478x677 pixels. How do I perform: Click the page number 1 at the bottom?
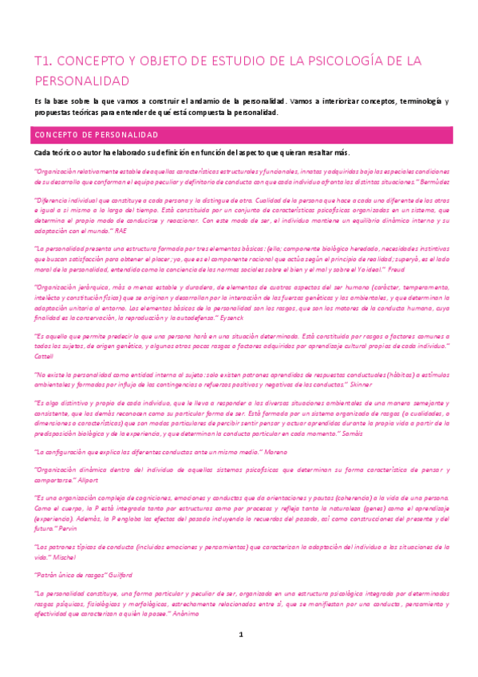click(x=240, y=656)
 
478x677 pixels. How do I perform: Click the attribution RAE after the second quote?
click(x=120, y=231)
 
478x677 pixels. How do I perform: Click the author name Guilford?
click(x=116, y=575)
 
